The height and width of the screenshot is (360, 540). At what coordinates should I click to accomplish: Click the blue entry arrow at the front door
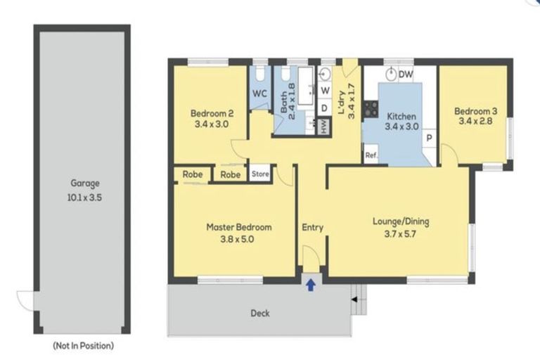311,285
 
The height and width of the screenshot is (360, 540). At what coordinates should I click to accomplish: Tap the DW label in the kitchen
406,74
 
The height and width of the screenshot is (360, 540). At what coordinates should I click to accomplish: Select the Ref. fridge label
371,155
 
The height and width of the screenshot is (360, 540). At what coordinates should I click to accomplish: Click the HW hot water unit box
323,127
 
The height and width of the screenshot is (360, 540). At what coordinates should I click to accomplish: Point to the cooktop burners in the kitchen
371,108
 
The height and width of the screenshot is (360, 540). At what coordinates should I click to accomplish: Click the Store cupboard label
260,174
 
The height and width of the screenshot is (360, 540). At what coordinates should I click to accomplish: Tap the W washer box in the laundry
325,91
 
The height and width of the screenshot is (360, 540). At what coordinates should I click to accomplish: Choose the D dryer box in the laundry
324,108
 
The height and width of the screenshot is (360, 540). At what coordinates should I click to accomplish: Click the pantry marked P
430,138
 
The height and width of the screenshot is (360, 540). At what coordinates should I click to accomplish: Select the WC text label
259,94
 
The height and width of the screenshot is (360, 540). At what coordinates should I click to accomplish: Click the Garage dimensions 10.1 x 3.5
84,198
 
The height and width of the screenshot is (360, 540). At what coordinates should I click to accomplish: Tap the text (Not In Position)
84,345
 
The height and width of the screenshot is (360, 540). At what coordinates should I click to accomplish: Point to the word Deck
260,313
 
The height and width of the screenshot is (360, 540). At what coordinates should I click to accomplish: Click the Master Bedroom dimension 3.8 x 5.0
237,239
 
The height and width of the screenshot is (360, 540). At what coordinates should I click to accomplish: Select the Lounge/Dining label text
401,221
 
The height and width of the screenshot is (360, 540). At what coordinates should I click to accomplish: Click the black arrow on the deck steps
354,300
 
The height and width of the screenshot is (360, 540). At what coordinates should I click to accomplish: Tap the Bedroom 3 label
475,111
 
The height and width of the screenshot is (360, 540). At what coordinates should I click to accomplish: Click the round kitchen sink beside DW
390,74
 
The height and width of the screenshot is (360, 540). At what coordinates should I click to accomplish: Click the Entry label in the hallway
313,228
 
